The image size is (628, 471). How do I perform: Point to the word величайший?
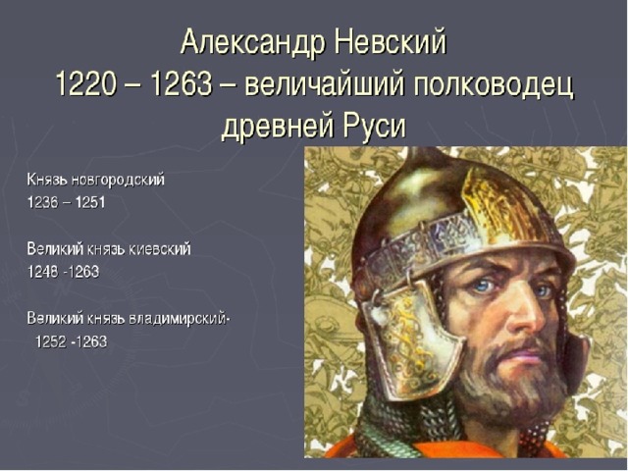324,85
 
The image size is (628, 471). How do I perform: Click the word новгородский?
118,180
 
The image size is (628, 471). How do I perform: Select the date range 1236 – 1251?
66,202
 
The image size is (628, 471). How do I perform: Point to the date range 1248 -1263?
63,272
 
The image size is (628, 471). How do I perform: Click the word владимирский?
178,319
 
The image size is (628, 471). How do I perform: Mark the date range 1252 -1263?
72,342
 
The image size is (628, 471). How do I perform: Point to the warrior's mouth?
529,353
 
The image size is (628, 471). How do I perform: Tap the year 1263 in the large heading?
182,84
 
